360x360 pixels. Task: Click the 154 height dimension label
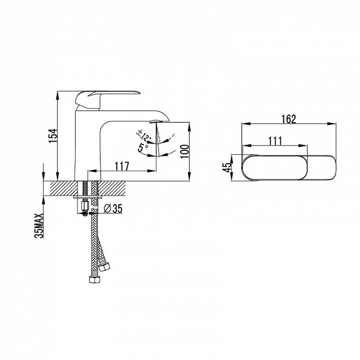(52, 136)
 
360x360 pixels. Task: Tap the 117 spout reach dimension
(122, 166)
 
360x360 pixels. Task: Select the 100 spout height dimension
(184, 151)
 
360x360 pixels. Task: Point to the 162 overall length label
(289, 119)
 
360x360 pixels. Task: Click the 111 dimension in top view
(275, 141)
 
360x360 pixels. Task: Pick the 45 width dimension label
(227, 167)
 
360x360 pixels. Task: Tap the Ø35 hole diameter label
(113, 209)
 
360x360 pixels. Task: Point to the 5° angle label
(143, 148)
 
